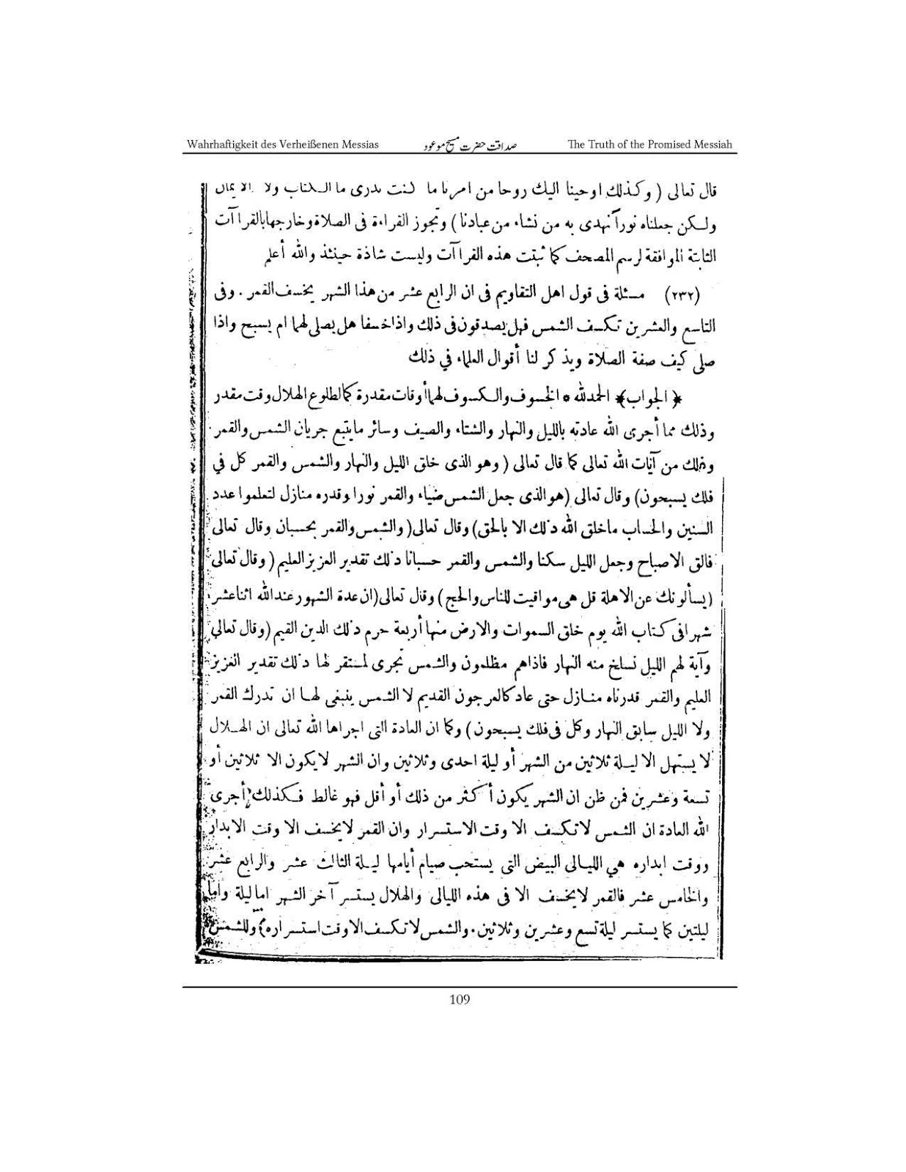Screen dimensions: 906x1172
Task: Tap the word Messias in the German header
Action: coord(360,144)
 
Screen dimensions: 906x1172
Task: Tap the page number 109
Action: coord(460,1000)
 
